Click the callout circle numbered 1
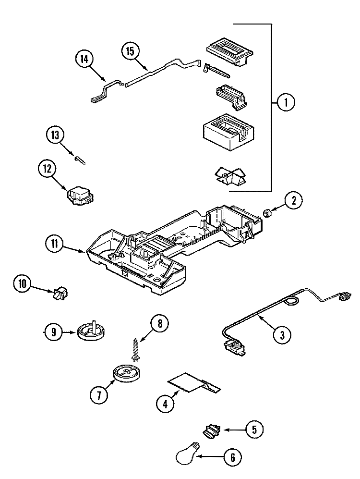point(286,103)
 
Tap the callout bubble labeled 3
point(282,335)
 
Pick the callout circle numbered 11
point(55,244)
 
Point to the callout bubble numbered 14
point(84,60)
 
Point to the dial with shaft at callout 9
point(92,331)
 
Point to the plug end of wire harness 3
point(343,298)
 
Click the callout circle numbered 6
point(233,458)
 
